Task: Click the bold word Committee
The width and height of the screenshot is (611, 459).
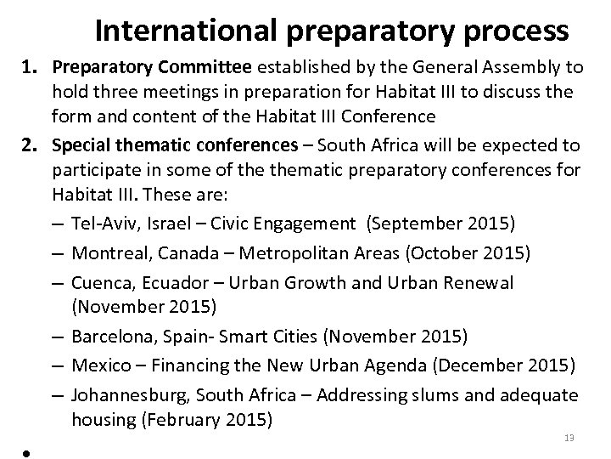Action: (208, 68)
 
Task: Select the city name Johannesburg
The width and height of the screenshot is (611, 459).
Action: (124, 394)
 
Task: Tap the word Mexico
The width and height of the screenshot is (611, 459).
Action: (98, 365)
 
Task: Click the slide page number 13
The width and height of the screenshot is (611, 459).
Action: (569, 438)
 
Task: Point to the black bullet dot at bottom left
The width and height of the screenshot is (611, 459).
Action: (27, 452)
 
